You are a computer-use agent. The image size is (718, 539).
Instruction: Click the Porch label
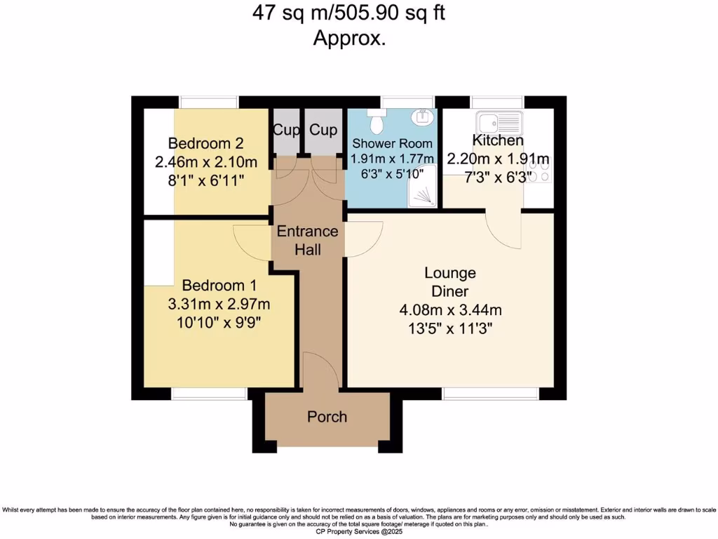(327, 417)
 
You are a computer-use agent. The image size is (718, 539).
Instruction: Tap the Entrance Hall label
(307, 239)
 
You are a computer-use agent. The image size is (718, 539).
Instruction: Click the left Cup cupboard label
(286, 130)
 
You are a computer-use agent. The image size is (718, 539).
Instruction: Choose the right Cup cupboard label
(323, 130)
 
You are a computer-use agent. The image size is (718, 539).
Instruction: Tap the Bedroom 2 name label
(206, 144)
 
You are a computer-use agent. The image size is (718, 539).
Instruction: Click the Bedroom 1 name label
(219, 286)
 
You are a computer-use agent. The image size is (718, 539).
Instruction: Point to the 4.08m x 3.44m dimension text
(449, 310)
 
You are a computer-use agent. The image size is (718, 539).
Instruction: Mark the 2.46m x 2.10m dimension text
(206, 162)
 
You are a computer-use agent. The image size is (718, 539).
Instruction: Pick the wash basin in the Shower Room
(424, 118)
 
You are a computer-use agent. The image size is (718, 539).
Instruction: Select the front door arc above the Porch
(318, 370)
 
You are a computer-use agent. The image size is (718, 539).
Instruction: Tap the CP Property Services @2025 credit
(359, 533)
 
